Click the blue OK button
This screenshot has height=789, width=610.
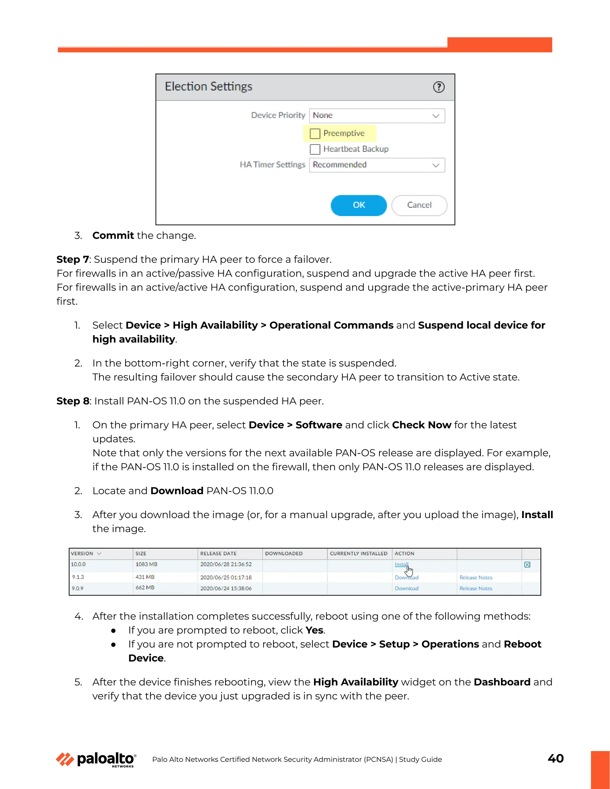[359, 205]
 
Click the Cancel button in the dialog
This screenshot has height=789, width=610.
[419, 205]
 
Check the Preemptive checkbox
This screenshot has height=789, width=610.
[315, 134]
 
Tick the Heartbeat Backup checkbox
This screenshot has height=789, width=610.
[315, 149]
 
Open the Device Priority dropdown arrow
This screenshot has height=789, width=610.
[436, 116]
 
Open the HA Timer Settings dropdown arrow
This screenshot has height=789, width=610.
[436, 165]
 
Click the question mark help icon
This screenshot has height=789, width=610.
[439, 87]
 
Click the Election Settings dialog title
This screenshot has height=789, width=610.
[208, 87]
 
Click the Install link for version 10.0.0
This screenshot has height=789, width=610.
[401, 564]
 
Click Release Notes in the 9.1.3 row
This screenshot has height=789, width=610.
[476, 578]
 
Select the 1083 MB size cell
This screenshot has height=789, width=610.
[146, 564]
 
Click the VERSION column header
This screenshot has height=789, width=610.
[82, 553]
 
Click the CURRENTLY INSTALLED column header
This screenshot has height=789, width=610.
[359, 553]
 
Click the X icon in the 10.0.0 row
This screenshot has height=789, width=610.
[527, 565]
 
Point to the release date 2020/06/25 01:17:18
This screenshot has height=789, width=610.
[226, 578]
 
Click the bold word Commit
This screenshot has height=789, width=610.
[113, 236]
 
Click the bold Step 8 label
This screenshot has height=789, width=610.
[73, 401]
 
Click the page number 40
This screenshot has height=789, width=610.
[555, 758]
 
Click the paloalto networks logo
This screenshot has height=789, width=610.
[96, 760]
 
